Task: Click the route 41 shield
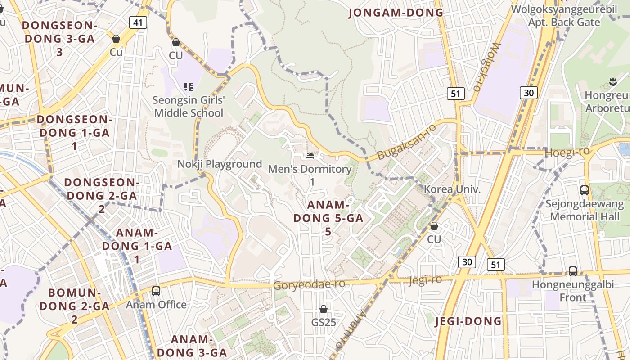pos(138,22)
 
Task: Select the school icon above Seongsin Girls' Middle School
pos(189,86)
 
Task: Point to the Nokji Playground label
pos(220,164)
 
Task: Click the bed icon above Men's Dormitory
pos(310,156)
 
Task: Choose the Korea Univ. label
pos(452,189)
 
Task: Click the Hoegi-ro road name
pos(567,153)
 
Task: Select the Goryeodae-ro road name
pos(309,284)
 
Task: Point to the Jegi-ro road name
pos(425,280)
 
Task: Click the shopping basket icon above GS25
pos(324,309)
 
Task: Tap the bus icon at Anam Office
pos(156,291)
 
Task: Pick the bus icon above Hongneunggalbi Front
pos(573,271)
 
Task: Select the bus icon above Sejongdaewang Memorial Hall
pos(585,190)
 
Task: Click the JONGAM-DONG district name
pos(396,13)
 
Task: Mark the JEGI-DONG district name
pos(468,321)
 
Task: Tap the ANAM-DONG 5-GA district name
pos(328,218)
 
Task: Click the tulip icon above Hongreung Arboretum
pos(612,82)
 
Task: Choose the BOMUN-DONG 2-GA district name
pos(74,306)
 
